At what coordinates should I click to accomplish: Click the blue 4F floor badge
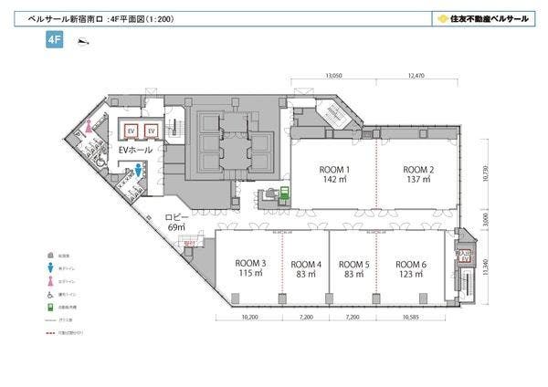(x=54, y=40)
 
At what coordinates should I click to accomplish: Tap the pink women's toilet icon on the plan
(x=89, y=129)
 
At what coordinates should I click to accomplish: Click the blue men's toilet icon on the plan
(x=137, y=170)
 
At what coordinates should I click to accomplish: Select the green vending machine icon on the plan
(x=285, y=192)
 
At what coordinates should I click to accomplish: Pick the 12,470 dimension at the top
(x=418, y=77)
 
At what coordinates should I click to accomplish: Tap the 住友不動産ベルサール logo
(x=483, y=17)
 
